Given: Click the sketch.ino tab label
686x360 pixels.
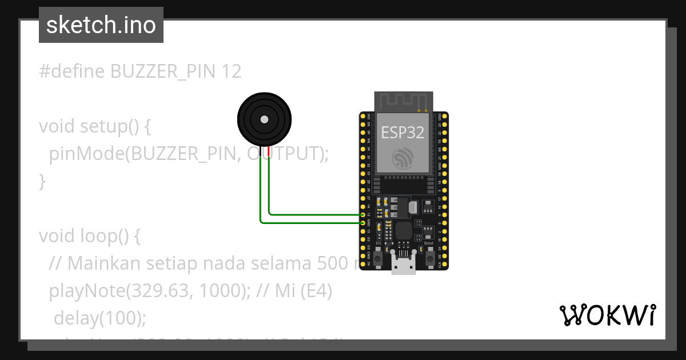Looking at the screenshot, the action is coord(101,25).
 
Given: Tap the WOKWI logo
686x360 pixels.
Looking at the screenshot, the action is coord(607,314).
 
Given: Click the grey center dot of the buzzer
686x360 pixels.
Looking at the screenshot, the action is coord(264,119).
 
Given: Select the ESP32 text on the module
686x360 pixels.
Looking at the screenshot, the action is coord(403,133).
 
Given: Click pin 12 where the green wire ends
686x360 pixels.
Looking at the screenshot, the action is coord(363,215).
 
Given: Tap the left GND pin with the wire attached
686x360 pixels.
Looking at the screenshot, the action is coord(363,222).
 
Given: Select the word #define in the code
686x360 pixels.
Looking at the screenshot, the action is coord(71,71).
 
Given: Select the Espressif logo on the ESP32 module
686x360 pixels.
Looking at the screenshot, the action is coord(403,159).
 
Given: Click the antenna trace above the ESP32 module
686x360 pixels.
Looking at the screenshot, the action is coord(403,101).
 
